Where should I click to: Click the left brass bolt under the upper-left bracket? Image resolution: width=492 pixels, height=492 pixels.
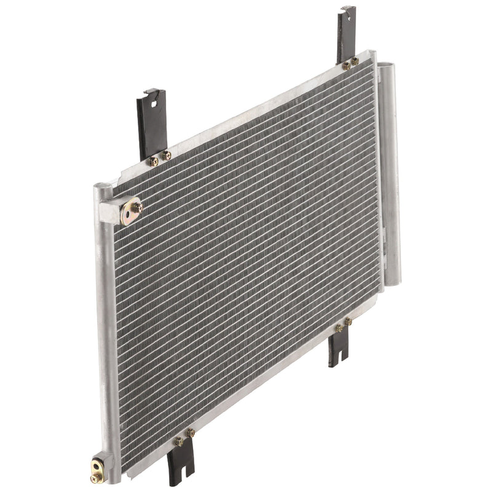tap(154, 161)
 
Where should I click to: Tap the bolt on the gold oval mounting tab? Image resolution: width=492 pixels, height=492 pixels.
tap(137, 207)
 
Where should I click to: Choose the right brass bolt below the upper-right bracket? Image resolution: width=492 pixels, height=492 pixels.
tap(355, 60)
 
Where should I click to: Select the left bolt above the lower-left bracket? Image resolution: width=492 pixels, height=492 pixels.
tap(179, 441)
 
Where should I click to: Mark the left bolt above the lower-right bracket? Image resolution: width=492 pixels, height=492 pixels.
tap(338, 329)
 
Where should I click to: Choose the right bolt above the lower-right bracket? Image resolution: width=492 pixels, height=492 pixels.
tap(347, 321)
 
